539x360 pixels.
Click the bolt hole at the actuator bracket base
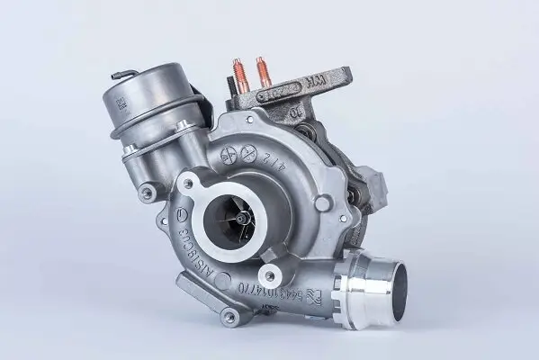click(x=145, y=191)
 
